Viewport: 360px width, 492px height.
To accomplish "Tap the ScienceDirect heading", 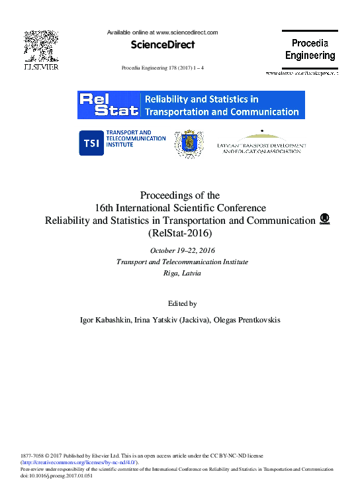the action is tap(162, 45).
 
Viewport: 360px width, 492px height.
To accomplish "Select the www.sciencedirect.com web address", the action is tap(186, 32).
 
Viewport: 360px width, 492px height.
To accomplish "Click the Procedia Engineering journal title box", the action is tap(310, 49).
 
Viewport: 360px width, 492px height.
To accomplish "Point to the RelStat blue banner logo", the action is tap(191, 105).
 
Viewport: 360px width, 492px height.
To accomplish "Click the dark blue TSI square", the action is tap(90, 142).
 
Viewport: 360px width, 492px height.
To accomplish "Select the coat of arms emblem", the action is tap(189, 144).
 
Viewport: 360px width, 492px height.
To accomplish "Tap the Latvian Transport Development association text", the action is tap(261, 148).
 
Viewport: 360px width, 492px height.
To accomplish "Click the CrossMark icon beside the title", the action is tap(324, 219).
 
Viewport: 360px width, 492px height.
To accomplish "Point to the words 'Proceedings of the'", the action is tap(180, 195).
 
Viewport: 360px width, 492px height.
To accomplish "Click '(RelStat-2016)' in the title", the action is tap(180, 233).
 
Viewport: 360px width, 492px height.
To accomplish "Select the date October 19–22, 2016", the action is tap(182, 250).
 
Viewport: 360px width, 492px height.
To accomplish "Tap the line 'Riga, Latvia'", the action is tap(182, 273).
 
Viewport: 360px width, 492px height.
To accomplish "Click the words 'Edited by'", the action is tap(182, 303).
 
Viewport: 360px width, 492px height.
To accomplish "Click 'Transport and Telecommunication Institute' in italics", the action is tap(182, 262).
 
